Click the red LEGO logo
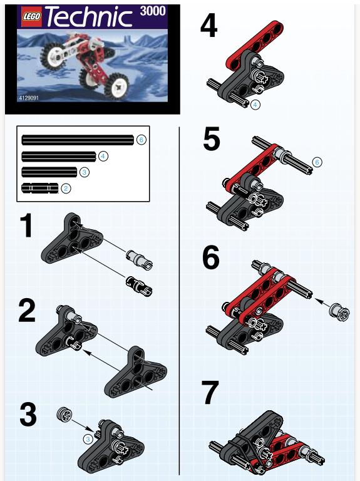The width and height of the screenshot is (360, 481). [x=31, y=16]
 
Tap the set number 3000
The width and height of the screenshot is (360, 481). [x=153, y=11]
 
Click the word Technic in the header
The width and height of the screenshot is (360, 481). [x=89, y=17]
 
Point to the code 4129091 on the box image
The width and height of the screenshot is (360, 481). [x=28, y=98]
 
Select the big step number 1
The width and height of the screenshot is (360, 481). [x=27, y=225]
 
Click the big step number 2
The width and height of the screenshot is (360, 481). [x=27, y=311]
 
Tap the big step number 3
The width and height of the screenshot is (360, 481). [x=28, y=415]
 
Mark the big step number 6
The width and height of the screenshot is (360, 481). [x=211, y=257]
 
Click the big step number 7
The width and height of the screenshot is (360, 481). [x=210, y=393]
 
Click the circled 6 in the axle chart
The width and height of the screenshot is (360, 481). [x=141, y=140]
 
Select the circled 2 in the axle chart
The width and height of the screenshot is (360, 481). [x=66, y=189]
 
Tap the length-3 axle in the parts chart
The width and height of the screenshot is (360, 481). [x=49, y=172]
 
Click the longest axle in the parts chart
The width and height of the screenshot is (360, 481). [x=78, y=140]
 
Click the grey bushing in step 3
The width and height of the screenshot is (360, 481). [x=64, y=415]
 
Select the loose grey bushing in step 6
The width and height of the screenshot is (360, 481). [x=339, y=312]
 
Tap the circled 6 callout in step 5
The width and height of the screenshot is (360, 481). [x=317, y=162]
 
